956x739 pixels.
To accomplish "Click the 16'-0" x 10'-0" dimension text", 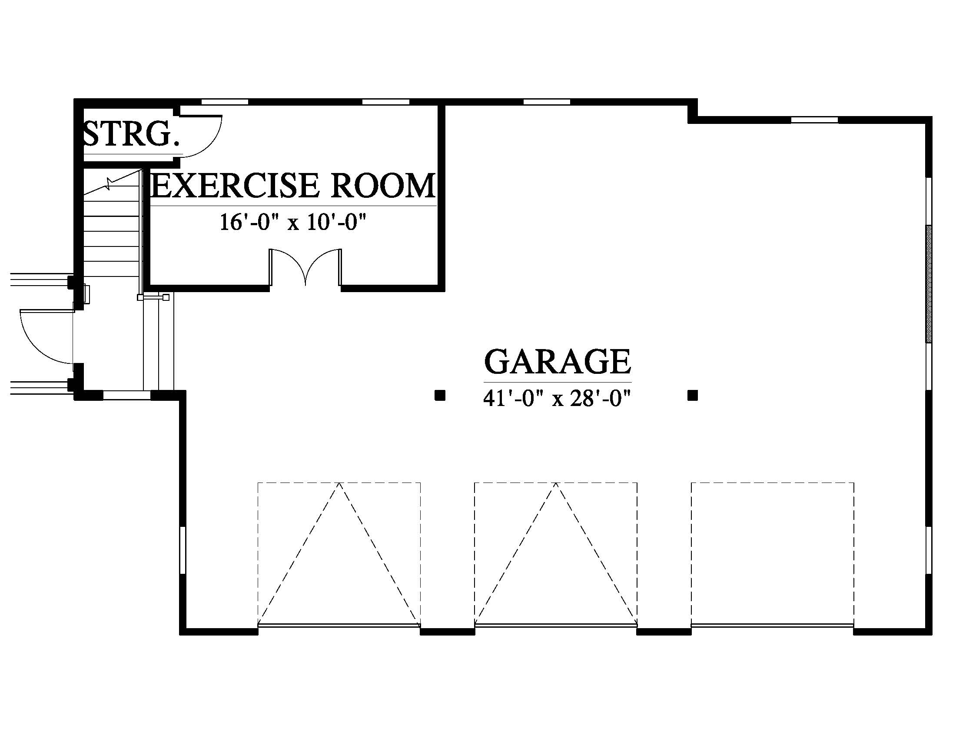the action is (x=292, y=222).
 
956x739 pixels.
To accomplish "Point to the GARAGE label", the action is (x=557, y=362).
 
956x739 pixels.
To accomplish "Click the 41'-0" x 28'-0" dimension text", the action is (x=557, y=399).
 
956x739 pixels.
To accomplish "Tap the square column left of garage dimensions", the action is (x=440, y=396).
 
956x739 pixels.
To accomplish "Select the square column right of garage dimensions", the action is (x=693, y=396).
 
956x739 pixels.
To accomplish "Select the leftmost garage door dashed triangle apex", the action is (x=339, y=483).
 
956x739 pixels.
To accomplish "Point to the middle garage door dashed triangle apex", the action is (x=556, y=483).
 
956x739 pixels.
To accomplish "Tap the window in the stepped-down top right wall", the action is (x=815, y=120).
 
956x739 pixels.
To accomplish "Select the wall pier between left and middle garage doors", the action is (x=447, y=631).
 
